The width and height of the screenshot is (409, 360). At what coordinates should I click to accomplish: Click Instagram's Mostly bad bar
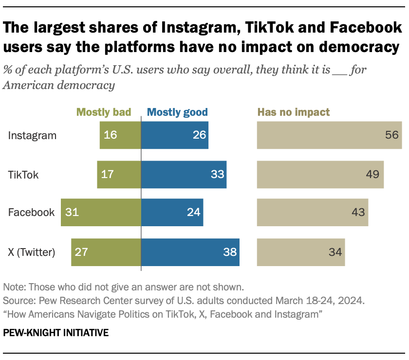pos(120,135)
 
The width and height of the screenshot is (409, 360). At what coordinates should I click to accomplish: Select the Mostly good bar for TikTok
pos(184,174)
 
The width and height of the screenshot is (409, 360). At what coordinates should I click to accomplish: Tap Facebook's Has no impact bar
pos(312,213)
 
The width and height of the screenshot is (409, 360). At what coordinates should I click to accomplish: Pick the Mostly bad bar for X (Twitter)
pos(106,252)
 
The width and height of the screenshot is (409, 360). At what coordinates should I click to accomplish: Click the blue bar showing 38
pos(190,252)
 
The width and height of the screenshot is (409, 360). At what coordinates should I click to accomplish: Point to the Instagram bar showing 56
pos(329,135)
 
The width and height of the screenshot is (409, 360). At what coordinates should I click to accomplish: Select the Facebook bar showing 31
pos(101,213)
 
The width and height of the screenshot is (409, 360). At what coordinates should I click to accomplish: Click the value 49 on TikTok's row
pos(372,174)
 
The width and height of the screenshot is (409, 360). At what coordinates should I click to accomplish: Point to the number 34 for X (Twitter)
pos(335,252)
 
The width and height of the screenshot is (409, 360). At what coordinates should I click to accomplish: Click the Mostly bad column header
pos(104,112)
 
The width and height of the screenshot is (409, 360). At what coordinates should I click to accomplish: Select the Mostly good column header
pos(177,112)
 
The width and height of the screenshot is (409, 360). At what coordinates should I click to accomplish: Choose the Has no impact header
pos(293,112)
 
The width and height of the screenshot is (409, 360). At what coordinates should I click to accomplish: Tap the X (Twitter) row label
pos(32,252)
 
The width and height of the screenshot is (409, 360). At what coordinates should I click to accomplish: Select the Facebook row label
pos(31,213)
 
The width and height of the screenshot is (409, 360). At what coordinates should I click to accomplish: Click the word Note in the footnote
pos(13,286)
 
